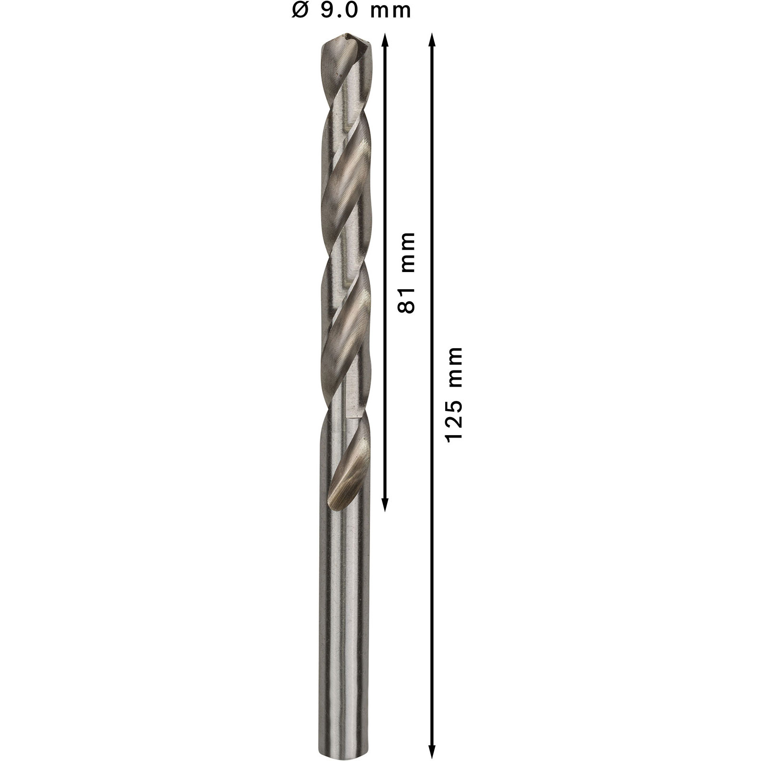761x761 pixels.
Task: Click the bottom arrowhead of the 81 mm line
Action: [x=385, y=505]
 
